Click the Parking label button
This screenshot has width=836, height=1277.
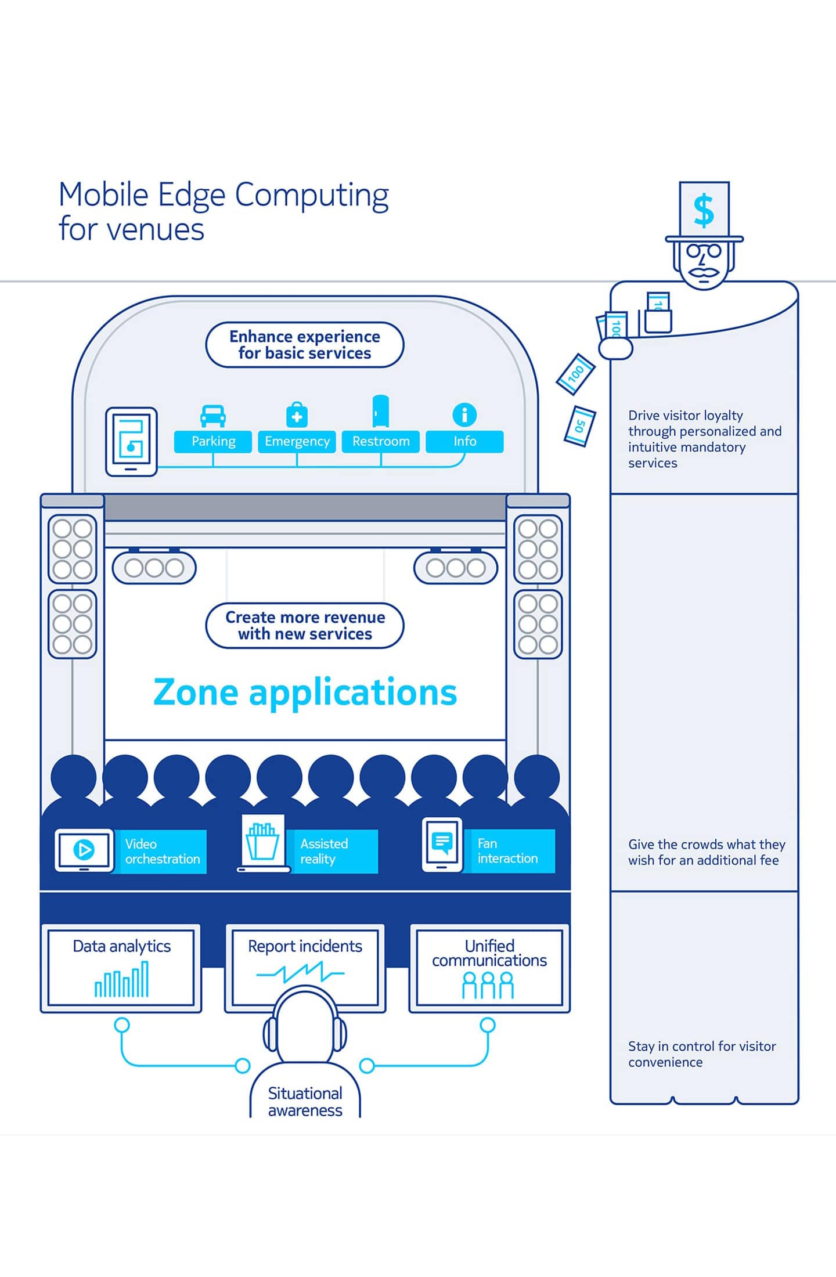213,441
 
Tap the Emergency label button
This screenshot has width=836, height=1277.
297,441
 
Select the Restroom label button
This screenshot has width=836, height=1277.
381,441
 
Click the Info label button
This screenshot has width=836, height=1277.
464,441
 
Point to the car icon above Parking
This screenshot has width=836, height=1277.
213,416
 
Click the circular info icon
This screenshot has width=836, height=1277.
464,415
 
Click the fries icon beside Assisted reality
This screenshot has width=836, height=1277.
262,842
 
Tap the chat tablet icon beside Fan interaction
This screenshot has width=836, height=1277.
442,844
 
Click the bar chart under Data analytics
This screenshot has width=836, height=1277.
122,980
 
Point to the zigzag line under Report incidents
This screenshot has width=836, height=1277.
300,972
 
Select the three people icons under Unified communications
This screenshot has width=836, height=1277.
488,986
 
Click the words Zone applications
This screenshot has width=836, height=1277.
305,692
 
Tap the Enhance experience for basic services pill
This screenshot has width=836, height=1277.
305,345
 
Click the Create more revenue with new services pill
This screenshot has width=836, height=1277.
305,625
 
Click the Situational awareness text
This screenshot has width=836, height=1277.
305,1102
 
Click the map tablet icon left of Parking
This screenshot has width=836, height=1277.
131,442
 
